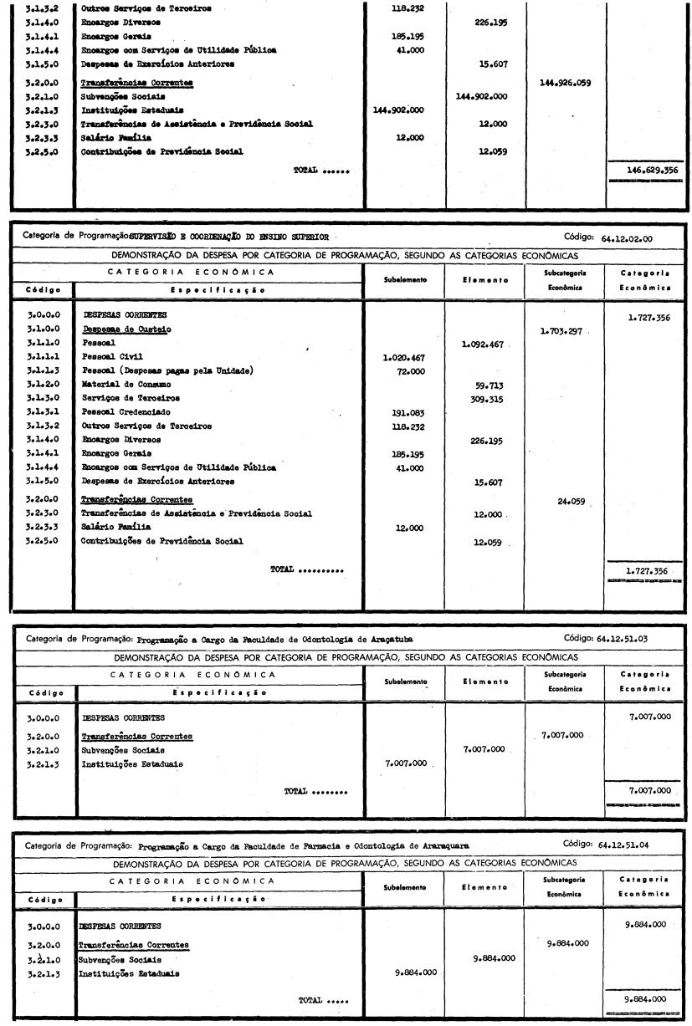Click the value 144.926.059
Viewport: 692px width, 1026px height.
567,83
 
